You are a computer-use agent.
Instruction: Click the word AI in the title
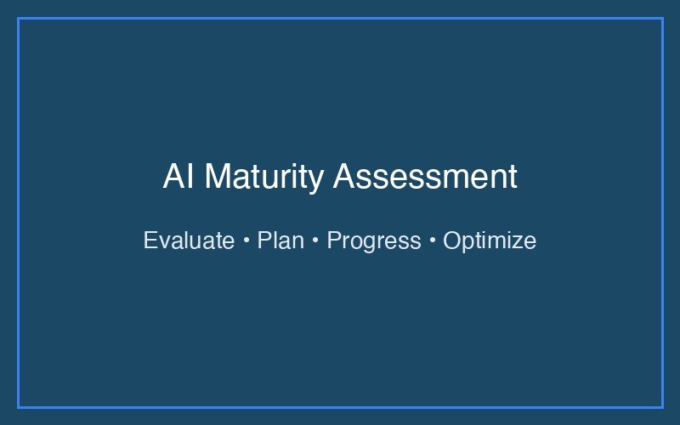178,178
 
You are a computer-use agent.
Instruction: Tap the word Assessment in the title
425,178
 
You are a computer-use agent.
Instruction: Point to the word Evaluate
188,241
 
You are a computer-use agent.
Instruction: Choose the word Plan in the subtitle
280,241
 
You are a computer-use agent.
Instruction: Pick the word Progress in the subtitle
373,241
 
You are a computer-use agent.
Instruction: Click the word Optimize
490,241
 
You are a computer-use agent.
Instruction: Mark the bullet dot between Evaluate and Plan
246,241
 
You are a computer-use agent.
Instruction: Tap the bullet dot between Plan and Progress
315,241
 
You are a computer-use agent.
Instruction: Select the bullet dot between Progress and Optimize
432,241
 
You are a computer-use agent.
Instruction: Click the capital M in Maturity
217,178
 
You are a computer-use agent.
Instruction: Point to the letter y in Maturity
317,180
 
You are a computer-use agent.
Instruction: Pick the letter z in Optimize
511,242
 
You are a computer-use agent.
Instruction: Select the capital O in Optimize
452,241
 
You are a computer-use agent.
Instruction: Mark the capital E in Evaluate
150,241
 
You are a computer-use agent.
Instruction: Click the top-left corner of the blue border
18,18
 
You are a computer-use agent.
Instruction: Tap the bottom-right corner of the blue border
661,406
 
